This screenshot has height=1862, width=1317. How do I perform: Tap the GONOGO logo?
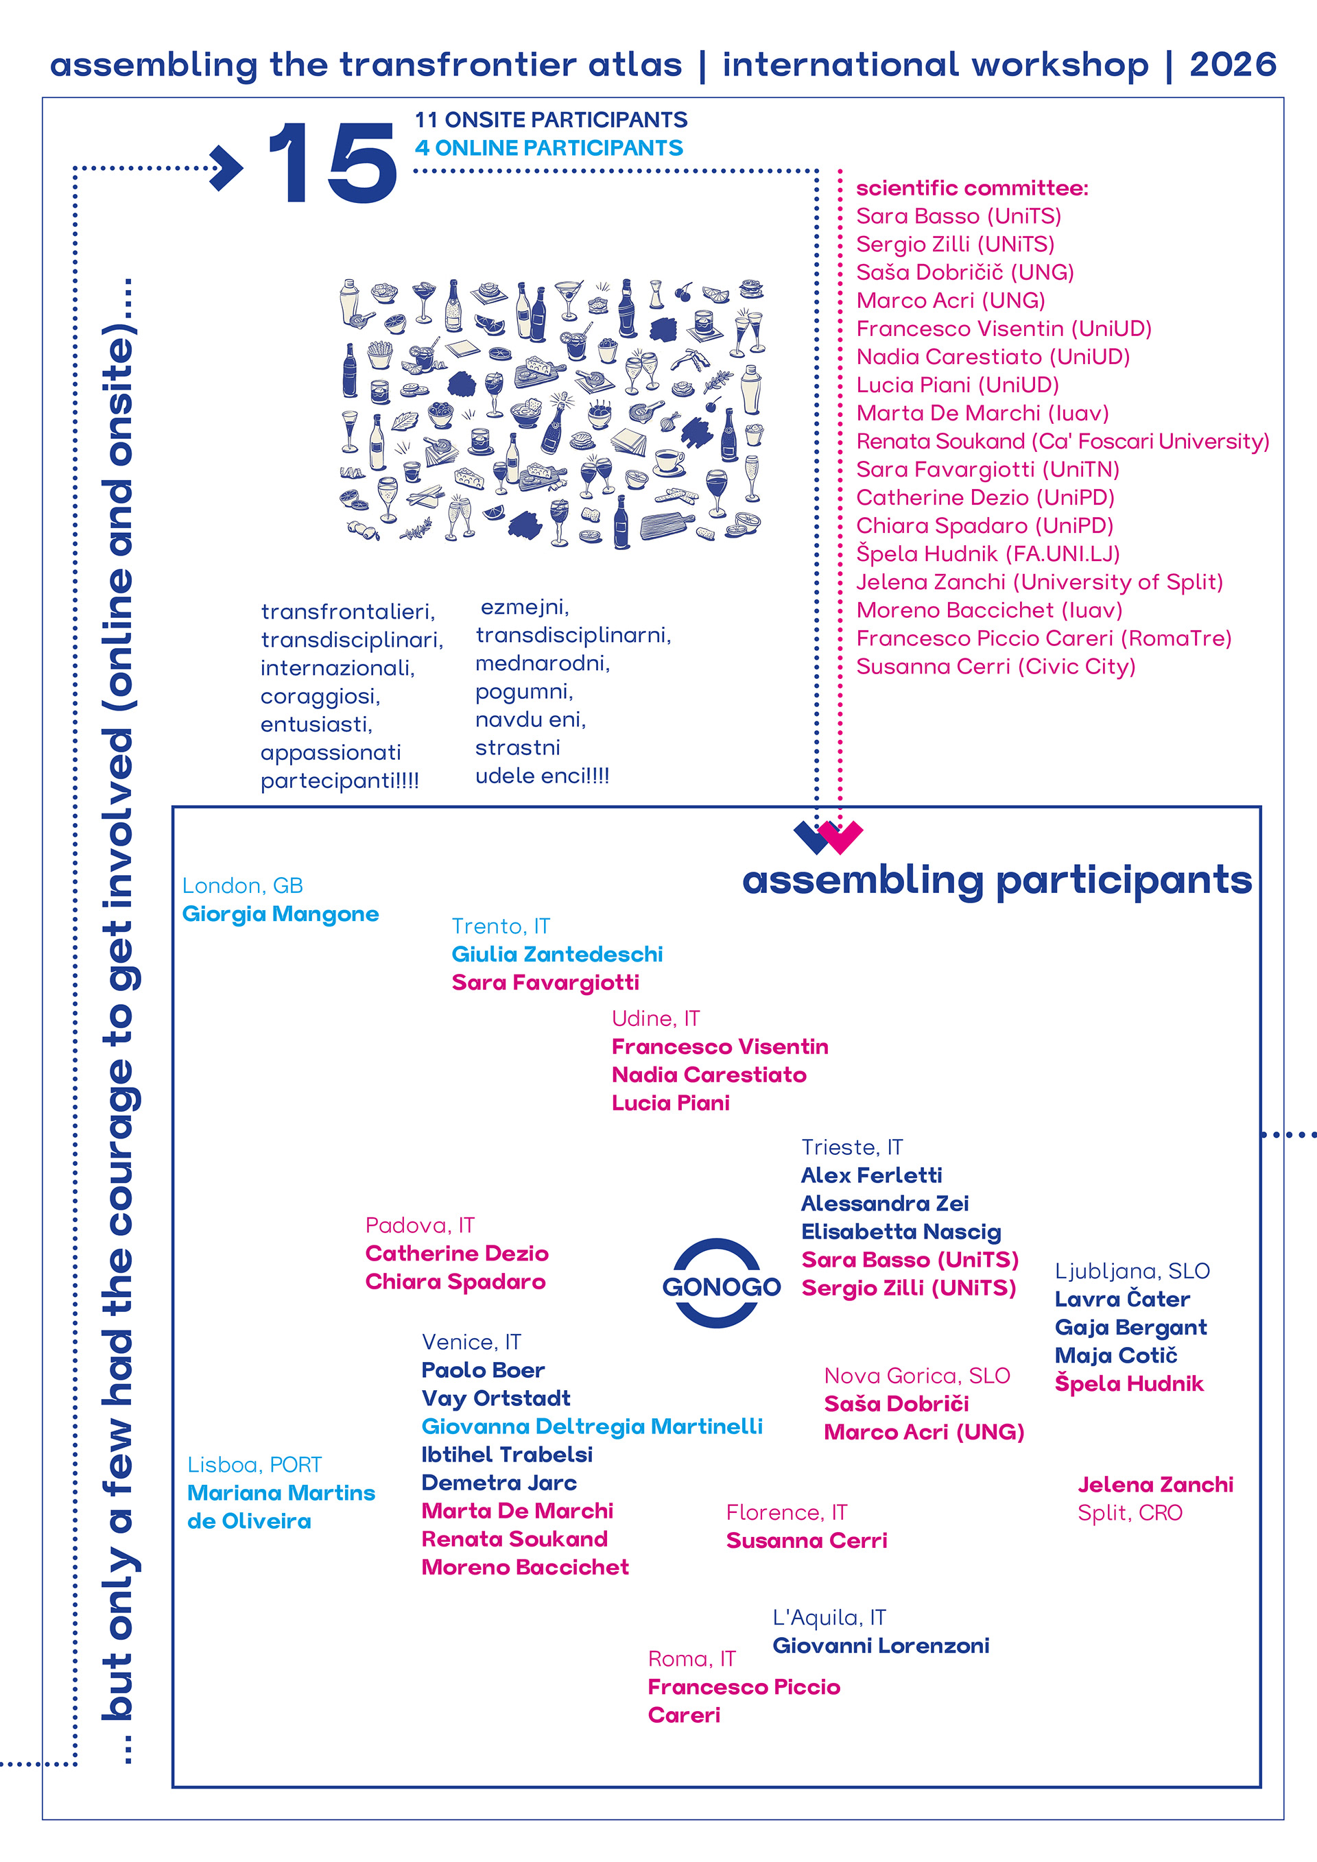[721, 1286]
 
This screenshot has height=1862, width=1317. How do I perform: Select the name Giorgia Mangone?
[281, 914]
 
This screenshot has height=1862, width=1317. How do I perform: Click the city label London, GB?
[242, 885]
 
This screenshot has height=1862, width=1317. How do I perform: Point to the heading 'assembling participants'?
[997, 880]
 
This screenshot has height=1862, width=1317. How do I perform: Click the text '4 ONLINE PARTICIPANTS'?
[549, 147]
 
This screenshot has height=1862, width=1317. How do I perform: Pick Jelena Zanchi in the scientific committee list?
[1039, 582]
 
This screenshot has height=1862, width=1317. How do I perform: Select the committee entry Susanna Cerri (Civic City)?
[996, 667]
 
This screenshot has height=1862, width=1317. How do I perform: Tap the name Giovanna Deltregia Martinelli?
[592, 1427]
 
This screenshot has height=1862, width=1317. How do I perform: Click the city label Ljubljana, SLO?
[1132, 1271]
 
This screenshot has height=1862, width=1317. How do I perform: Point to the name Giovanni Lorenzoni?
[881, 1645]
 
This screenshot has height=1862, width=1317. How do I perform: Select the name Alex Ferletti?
[871, 1175]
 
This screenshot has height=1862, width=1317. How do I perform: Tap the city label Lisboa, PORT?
[254, 1465]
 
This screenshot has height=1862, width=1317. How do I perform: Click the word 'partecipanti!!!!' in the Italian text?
[340, 781]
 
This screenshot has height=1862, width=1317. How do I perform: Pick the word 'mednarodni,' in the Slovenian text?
[543, 663]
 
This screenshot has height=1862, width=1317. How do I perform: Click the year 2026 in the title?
[1233, 65]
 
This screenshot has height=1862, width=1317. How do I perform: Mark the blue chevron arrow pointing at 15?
[227, 168]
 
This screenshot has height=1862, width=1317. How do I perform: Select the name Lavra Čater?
[1122, 1299]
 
